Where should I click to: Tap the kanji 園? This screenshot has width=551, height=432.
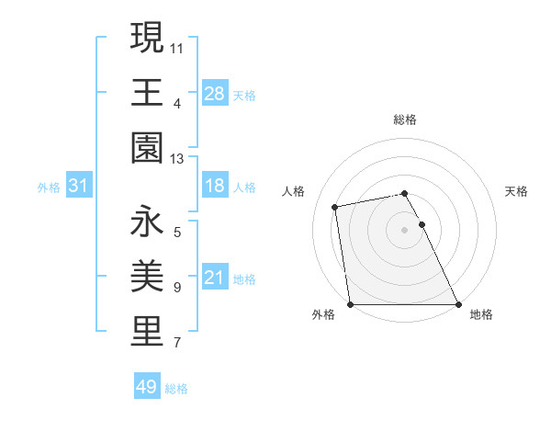click(x=148, y=148)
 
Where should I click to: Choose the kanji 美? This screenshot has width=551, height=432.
click(x=148, y=276)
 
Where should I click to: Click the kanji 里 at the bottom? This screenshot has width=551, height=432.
click(x=148, y=331)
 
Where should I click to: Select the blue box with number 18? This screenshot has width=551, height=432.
click(x=214, y=186)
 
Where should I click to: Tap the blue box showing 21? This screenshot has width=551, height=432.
click(x=214, y=277)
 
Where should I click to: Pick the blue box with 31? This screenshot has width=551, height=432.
click(x=78, y=186)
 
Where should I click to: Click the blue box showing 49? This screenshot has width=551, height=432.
click(x=146, y=387)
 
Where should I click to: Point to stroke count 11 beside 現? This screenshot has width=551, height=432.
click(x=177, y=47)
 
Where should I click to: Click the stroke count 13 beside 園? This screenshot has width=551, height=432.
click(x=177, y=159)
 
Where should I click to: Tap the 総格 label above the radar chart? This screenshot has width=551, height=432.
click(x=405, y=119)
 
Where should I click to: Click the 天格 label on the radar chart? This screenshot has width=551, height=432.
click(x=516, y=191)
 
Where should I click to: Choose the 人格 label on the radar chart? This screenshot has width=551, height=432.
click(x=294, y=191)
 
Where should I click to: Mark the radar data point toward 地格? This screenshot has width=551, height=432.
click(x=458, y=303)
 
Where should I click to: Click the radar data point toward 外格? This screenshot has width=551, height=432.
click(x=351, y=303)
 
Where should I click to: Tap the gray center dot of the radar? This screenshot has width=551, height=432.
click(x=405, y=229)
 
